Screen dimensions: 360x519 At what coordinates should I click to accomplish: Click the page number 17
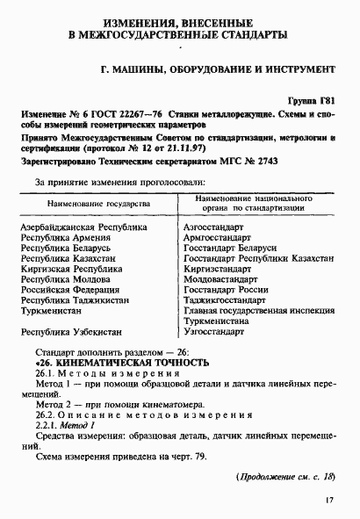click(x=329, y=501)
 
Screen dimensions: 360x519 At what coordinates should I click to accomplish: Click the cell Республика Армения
click(x=60, y=237)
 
